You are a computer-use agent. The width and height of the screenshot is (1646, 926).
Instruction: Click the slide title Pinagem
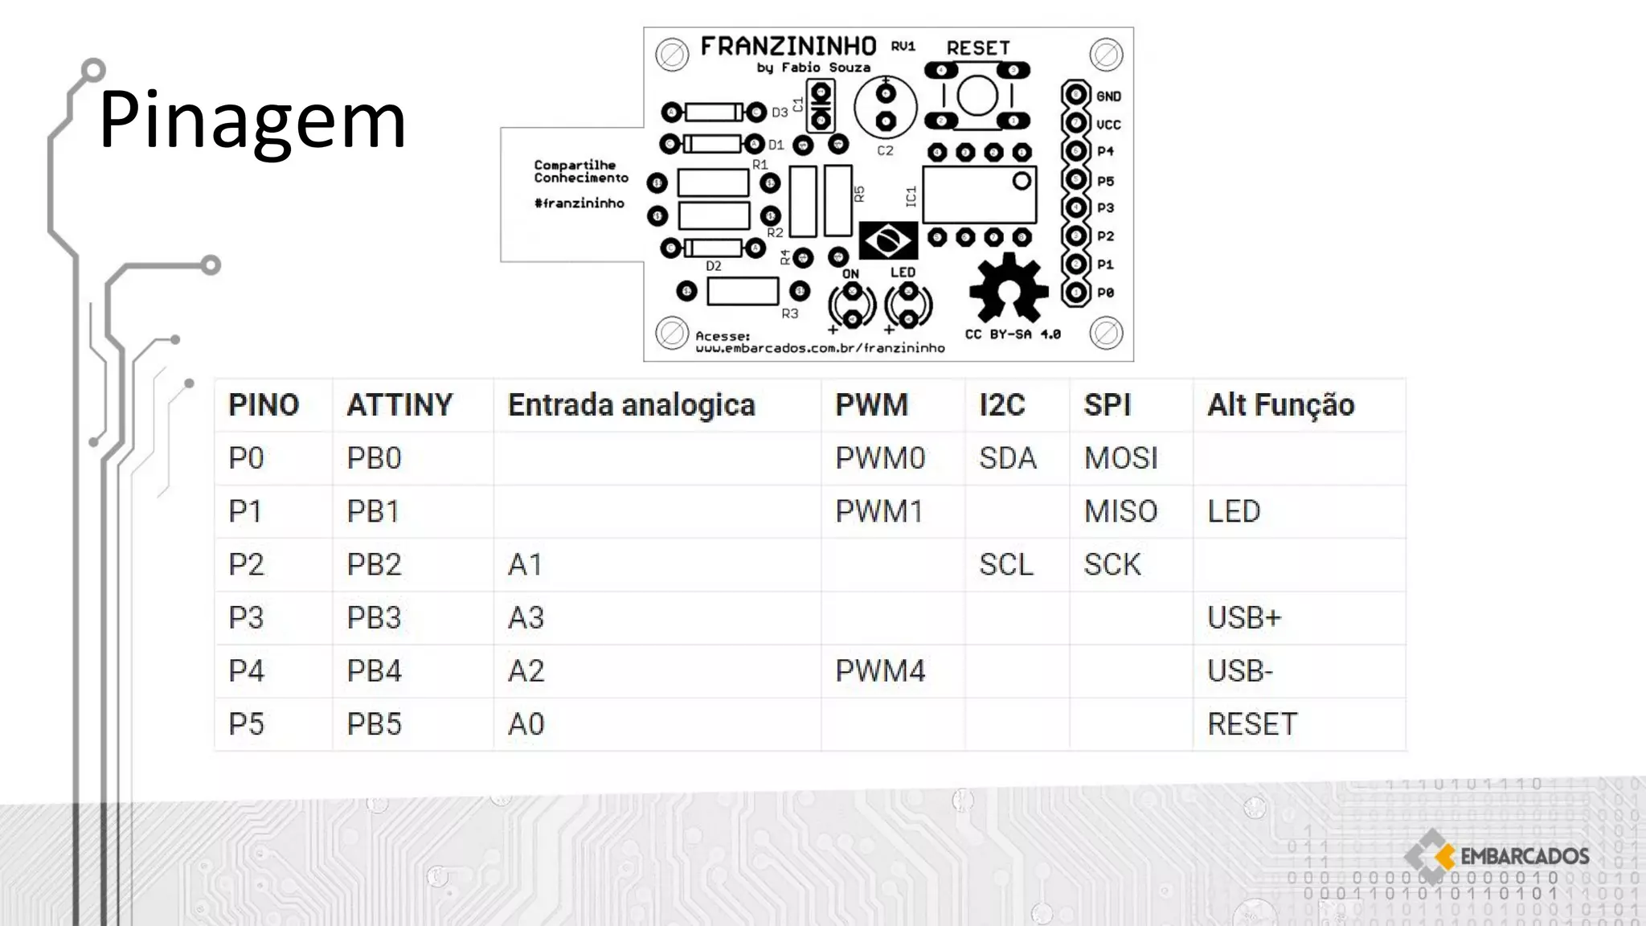tap(252, 121)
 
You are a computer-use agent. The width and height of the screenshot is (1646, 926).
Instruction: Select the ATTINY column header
tap(399, 405)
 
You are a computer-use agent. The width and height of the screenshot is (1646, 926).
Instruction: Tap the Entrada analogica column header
tap(631, 405)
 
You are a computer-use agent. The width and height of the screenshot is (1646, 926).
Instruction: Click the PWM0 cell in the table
tap(880, 458)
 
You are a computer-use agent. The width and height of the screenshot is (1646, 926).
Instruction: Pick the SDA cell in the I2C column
tap(1007, 458)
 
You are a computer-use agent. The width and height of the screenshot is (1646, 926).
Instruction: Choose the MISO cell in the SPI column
tap(1120, 511)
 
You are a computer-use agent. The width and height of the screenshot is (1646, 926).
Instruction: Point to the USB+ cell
tap(1243, 618)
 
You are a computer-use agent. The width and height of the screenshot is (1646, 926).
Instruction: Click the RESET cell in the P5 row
tap(1251, 724)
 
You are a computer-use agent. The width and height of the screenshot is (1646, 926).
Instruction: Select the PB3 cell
tap(374, 618)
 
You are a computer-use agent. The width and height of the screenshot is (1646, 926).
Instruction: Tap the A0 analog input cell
tap(526, 724)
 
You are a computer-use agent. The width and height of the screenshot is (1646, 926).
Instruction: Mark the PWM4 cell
tap(880, 671)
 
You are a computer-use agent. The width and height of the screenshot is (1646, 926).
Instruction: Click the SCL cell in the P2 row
tap(1005, 565)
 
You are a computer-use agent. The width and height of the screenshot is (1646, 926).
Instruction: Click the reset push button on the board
tap(977, 97)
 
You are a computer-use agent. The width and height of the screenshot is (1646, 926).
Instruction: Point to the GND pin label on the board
tap(1108, 96)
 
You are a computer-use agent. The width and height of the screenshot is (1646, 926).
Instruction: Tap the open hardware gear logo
tap(1008, 289)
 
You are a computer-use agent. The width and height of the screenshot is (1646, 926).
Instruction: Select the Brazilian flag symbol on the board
tap(887, 240)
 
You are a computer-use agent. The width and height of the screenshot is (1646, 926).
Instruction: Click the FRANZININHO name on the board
tap(788, 47)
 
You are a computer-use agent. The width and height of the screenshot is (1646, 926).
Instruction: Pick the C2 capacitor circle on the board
tap(885, 108)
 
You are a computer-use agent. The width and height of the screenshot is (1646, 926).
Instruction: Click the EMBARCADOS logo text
tap(1524, 857)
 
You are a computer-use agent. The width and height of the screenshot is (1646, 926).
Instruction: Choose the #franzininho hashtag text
tap(579, 203)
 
